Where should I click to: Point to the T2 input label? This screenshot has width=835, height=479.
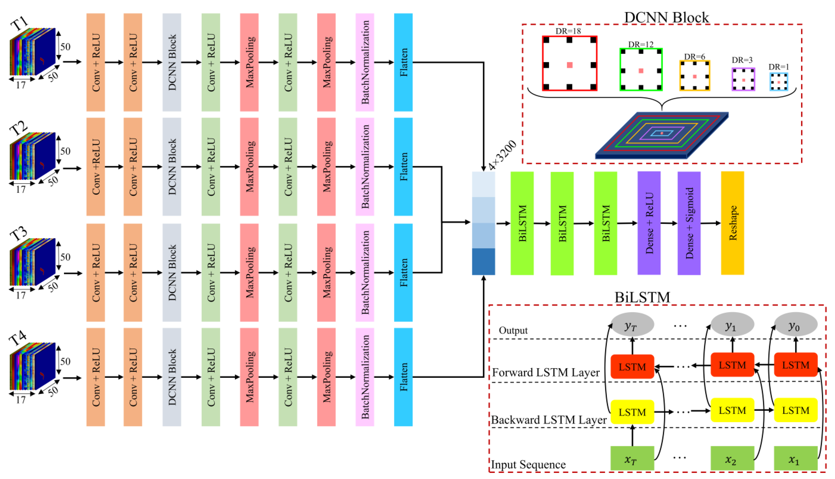[x=18, y=128]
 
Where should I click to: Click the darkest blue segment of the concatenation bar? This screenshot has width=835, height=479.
[x=483, y=261]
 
